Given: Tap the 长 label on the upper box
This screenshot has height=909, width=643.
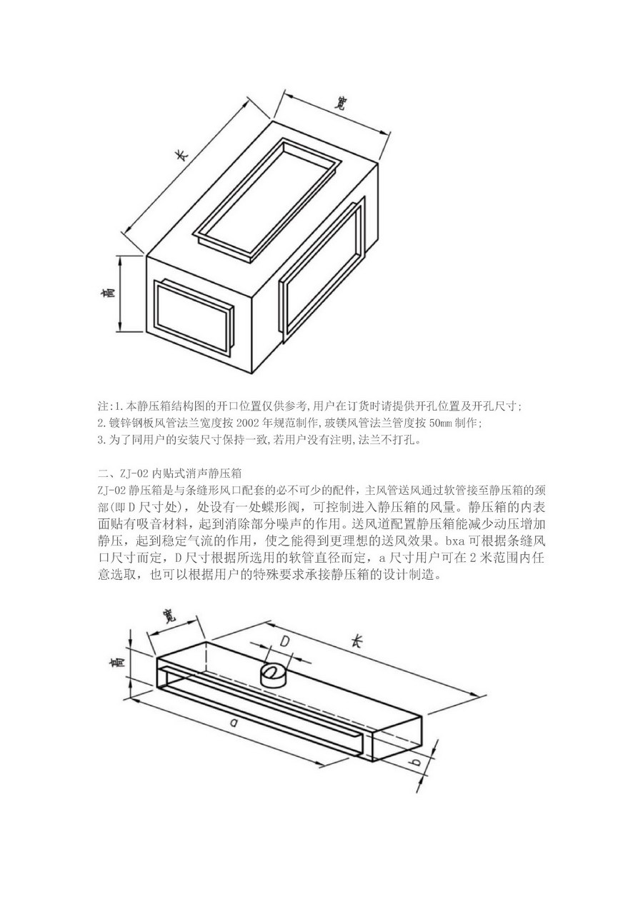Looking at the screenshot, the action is [183, 155].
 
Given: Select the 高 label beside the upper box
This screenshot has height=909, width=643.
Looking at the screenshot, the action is [109, 292].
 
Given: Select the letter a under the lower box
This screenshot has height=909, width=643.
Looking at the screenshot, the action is [233, 723].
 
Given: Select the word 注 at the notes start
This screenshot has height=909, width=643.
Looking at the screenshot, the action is [102, 406].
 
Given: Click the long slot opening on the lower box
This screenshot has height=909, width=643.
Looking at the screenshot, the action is [264, 713].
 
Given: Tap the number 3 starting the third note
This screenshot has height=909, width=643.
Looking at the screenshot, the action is [100, 441].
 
